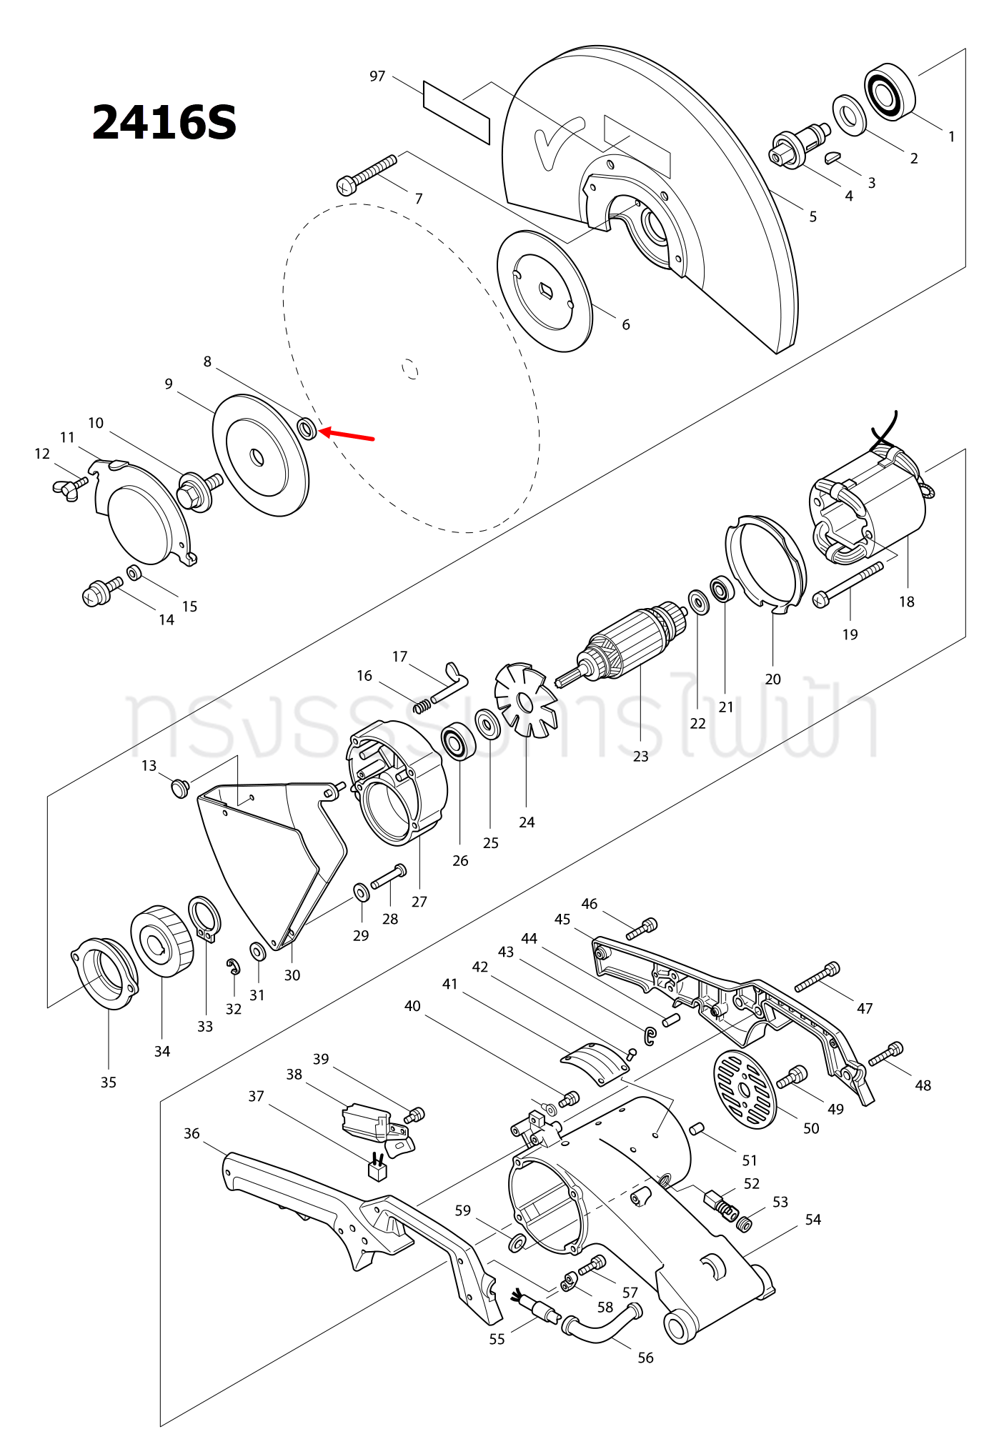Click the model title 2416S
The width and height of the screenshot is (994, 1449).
[x=164, y=122]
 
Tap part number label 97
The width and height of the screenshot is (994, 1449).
[x=377, y=76]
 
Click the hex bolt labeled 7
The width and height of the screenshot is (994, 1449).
[x=366, y=174]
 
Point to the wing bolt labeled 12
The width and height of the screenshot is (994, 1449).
[x=68, y=488]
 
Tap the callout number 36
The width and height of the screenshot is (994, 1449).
[x=192, y=1133]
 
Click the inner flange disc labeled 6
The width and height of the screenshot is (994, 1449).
[x=545, y=291]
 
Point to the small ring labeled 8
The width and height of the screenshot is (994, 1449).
[x=307, y=429]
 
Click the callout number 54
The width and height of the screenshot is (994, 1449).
[x=813, y=1220]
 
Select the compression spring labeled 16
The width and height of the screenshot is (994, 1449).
[x=423, y=705]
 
